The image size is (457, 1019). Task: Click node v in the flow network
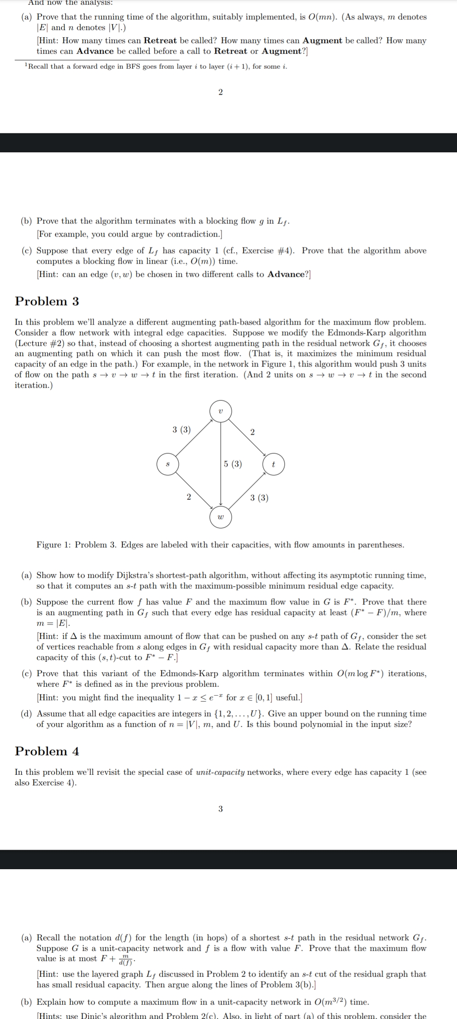point(220,411)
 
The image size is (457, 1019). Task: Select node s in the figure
point(168,464)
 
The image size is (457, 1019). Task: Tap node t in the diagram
point(273,464)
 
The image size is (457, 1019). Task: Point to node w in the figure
point(220,517)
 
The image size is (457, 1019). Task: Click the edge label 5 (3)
point(233,464)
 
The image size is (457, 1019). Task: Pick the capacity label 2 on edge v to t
point(253,432)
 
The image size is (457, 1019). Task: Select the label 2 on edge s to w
point(189,496)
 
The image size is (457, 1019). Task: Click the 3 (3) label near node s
point(182,430)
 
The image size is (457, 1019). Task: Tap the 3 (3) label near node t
point(259,498)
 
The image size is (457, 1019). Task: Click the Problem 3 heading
point(47,301)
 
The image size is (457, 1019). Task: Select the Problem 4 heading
point(47,751)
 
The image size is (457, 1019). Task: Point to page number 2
point(220,92)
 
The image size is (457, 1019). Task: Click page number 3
point(220,809)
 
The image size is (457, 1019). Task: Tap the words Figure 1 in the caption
point(50,545)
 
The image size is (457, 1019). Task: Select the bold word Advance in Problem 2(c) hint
point(286,274)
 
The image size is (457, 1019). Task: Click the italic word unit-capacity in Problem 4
point(220,772)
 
